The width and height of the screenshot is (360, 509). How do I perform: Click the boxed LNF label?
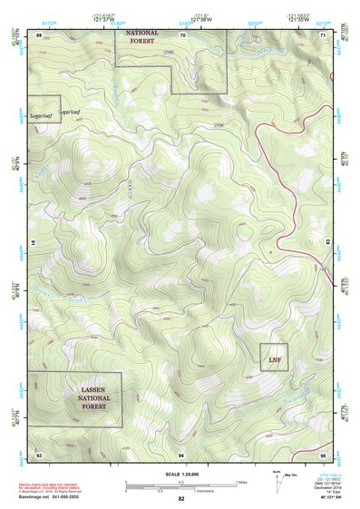[x=274, y=359]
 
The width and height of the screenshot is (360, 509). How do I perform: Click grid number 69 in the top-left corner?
[x=39, y=34]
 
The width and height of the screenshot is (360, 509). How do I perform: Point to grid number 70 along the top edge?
[x=182, y=34]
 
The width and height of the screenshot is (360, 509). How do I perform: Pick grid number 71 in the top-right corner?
[x=323, y=34]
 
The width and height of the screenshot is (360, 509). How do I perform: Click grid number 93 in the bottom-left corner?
[x=39, y=453]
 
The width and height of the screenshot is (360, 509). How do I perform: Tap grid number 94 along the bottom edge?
[x=182, y=453]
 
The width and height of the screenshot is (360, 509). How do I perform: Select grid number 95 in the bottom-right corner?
[x=323, y=453]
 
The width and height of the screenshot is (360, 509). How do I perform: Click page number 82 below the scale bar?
[x=181, y=498]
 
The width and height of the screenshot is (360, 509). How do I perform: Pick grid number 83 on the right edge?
[x=329, y=243]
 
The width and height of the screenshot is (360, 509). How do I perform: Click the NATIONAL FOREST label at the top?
[x=141, y=36]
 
